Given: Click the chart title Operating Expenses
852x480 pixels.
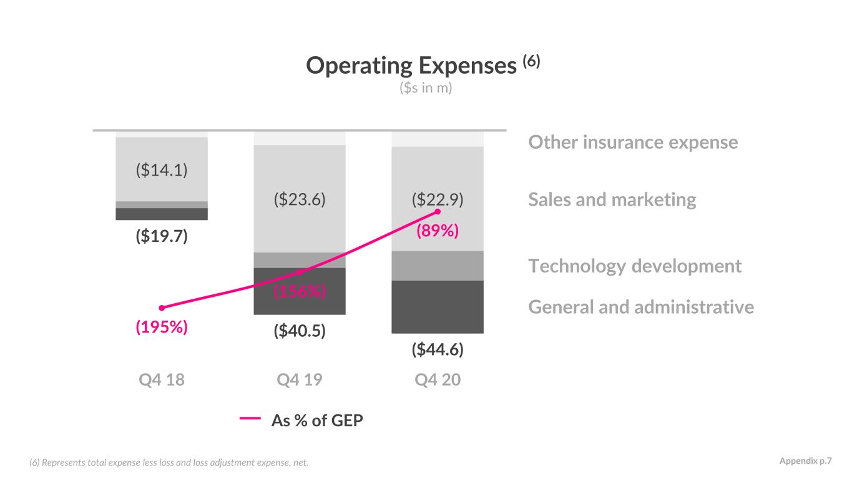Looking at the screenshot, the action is point(411,66).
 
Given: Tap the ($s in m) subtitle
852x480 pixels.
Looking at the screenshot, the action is point(426,88).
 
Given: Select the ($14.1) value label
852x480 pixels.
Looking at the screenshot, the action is point(162,170).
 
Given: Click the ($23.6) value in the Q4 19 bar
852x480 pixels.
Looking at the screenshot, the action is point(300,199).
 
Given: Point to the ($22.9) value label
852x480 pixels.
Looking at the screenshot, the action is point(438,199).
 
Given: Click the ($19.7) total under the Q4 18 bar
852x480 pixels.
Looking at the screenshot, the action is point(162,236).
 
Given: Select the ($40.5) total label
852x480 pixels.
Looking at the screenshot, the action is point(300,331).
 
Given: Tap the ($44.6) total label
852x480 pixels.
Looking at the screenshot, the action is point(438,349).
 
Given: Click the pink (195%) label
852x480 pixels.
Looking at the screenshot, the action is point(162,327).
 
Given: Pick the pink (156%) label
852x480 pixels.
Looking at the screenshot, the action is point(300,291).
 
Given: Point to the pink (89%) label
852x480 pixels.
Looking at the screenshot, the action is point(438,231).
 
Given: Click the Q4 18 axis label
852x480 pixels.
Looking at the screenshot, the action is point(162,380).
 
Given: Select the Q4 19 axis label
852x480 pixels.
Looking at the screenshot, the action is point(300,380).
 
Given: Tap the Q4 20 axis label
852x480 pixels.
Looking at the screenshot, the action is point(438,380).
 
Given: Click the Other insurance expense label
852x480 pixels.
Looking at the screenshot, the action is point(634,142).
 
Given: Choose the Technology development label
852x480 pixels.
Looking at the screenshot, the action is point(635,266).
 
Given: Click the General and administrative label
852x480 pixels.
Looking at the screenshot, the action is point(641,307).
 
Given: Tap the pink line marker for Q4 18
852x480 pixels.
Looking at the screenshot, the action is point(162,307).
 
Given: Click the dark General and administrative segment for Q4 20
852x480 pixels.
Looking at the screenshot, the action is point(438,307).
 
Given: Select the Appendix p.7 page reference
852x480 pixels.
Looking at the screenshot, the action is point(806,461).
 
